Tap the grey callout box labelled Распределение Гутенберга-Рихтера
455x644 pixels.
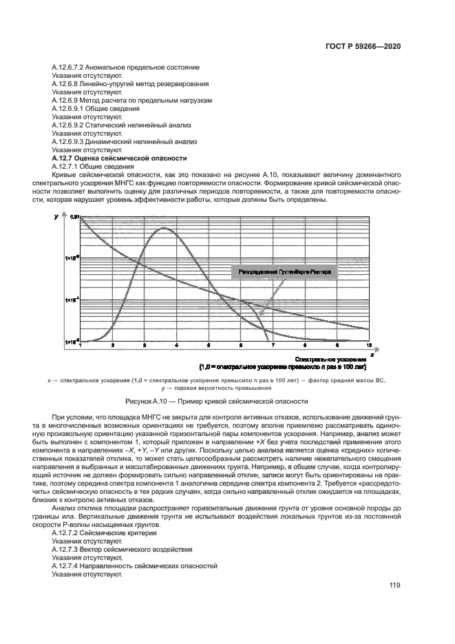[x=285, y=272]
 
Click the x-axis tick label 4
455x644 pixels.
[x=177, y=345]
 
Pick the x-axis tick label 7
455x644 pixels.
[x=273, y=345]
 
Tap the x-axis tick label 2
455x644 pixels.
[x=113, y=345]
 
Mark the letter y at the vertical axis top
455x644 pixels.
[x=56, y=217]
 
